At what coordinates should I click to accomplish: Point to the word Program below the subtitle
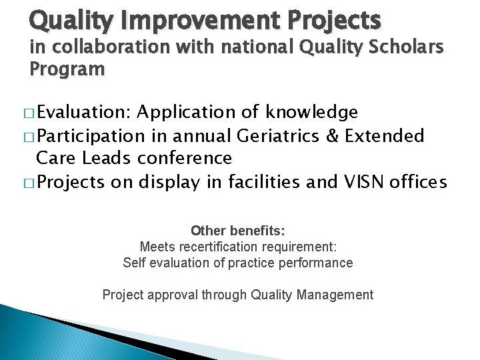point(67,69)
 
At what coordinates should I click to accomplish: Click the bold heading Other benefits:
point(238,231)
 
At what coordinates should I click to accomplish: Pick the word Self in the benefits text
point(135,263)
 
